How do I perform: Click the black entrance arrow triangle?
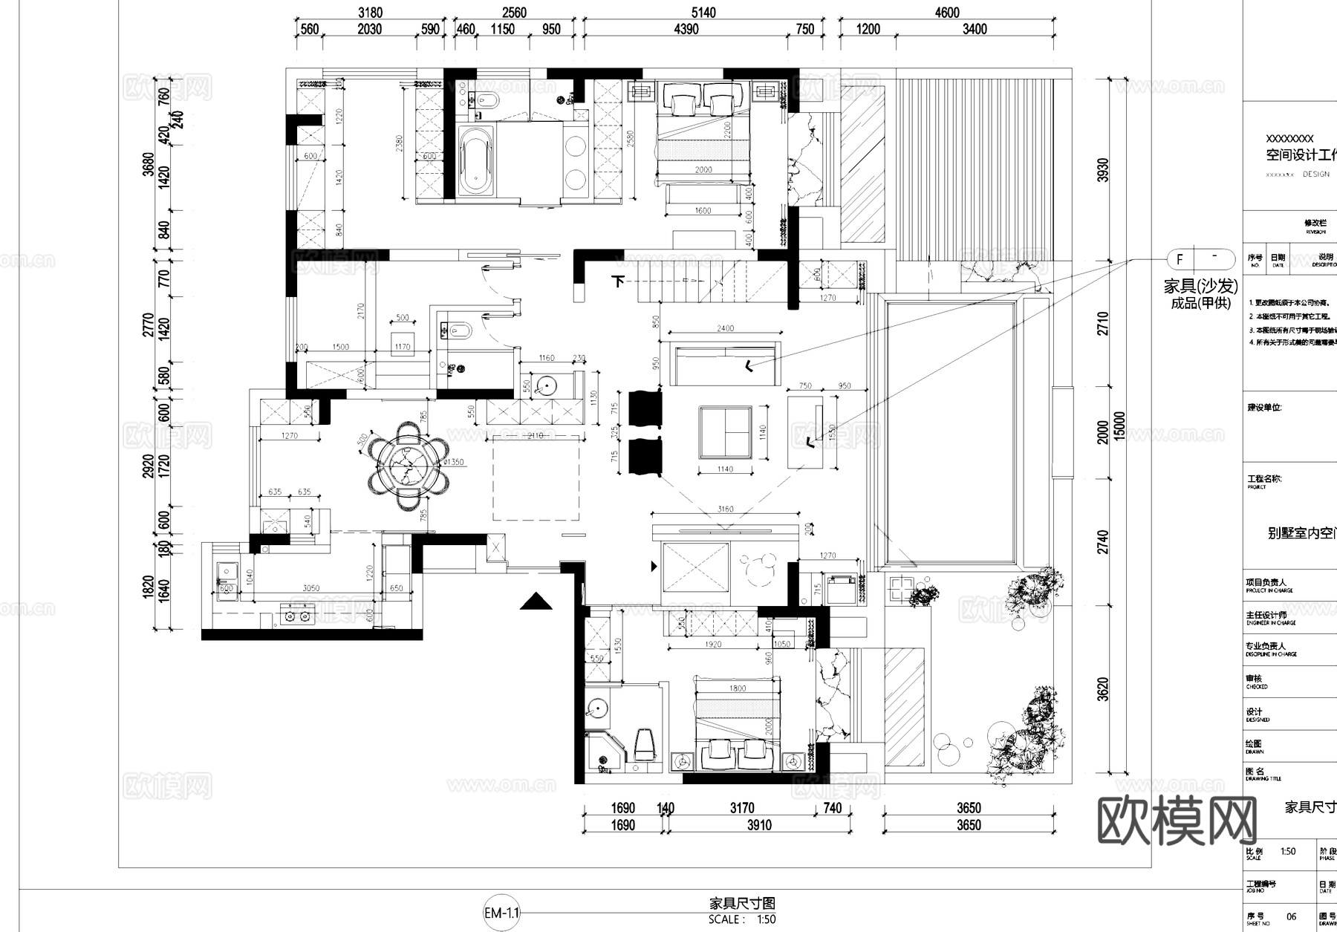(536, 602)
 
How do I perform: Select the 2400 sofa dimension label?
(725, 327)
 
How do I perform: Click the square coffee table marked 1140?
(725, 431)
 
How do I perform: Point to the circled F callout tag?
(1180, 259)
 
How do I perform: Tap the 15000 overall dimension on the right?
(1119, 427)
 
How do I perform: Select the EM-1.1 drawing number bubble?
(502, 913)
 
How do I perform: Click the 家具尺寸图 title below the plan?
(742, 903)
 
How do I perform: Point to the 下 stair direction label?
(618, 281)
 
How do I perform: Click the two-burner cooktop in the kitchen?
(296, 613)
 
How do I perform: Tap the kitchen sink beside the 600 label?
(226, 573)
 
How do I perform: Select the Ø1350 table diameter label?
(453, 462)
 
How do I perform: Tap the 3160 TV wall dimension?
(725, 509)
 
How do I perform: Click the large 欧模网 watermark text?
(1177, 821)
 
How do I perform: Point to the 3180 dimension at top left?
(370, 12)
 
